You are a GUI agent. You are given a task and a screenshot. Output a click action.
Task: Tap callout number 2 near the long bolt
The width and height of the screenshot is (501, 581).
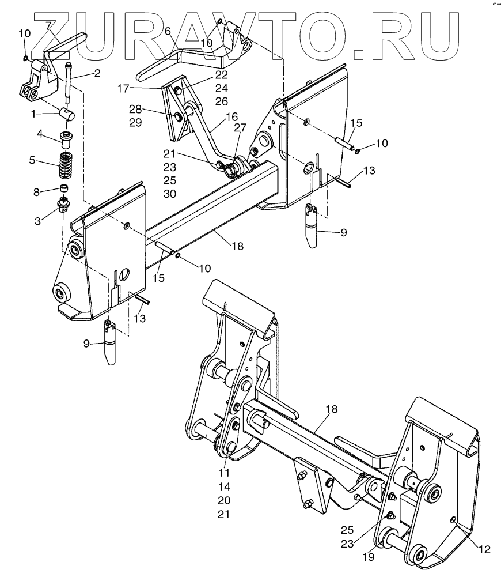point(97,73)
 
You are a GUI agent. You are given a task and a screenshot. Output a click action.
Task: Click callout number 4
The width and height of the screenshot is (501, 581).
point(40,134)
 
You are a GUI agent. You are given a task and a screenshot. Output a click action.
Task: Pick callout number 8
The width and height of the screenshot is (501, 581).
point(37,192)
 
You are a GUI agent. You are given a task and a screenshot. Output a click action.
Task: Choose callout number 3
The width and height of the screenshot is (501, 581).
point(37,221)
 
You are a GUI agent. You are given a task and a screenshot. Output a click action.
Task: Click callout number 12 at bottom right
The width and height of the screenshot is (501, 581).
point(484,550)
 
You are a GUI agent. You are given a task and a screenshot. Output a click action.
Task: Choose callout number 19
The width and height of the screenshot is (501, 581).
point(369,557)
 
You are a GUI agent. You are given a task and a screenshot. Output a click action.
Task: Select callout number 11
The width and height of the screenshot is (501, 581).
point(224,472)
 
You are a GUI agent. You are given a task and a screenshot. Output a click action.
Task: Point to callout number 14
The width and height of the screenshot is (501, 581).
point(224,486)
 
